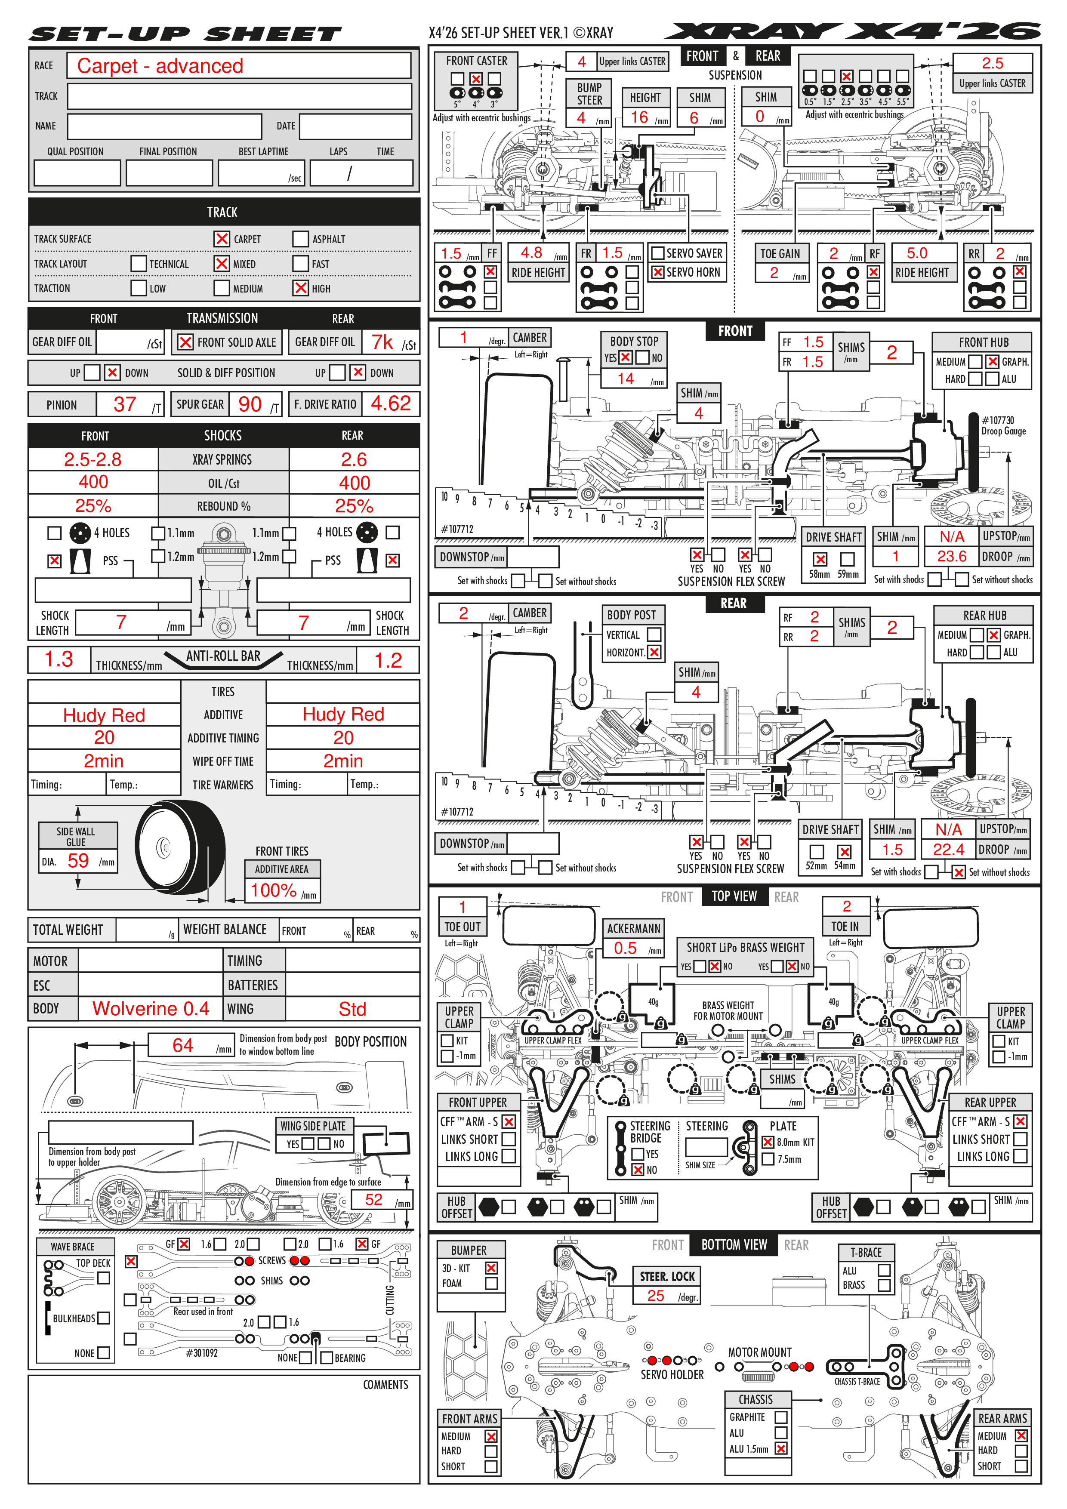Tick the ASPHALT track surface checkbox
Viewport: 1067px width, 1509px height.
[x=300, y=239]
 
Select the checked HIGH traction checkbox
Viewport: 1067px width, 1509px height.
[x=300, y=288]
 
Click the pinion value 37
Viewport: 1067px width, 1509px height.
[x=125, y=404]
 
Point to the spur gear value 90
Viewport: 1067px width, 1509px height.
[x=250, y=404]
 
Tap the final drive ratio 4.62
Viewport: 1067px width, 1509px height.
[x=391, y=403]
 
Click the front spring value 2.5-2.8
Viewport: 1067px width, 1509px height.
[x=93, y=459]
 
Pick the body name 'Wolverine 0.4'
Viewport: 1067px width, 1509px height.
[x=151, y=1008]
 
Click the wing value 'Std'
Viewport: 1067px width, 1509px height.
[x=352, y=1009]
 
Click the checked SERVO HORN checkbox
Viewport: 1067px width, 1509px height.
[x=657, y=272]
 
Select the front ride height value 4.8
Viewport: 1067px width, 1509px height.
[x=531, y=253]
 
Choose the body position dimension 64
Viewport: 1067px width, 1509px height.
[x=183, y=1045]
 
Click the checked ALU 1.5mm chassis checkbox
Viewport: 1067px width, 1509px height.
[x=781, y=1448]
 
